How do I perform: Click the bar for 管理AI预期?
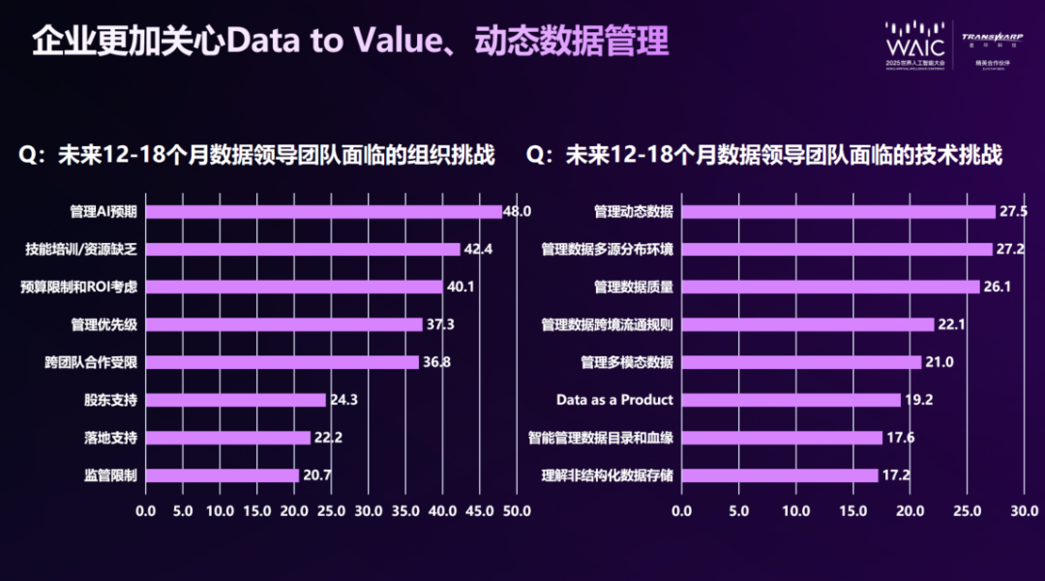tap(323, 212)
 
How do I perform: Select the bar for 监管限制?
tap(222, 475)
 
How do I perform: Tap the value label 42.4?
tap(478, 249)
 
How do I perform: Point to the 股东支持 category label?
tap(110, 400)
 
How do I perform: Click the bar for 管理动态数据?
tap(838, 212)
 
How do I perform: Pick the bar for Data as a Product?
tap(791, 400)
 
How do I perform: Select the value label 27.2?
tap(1012, 249)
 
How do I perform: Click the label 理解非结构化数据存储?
tap(608, 475)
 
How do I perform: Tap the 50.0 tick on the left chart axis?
tap(517, 510)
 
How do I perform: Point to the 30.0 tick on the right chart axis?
tap(1024, 510)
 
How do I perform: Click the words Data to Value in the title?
tap(324, 42)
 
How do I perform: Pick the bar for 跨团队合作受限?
tap(282, 362)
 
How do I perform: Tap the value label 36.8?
tap(436, 362)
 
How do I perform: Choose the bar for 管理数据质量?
tap(830, 287)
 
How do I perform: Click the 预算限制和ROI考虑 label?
tap(79, 287)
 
